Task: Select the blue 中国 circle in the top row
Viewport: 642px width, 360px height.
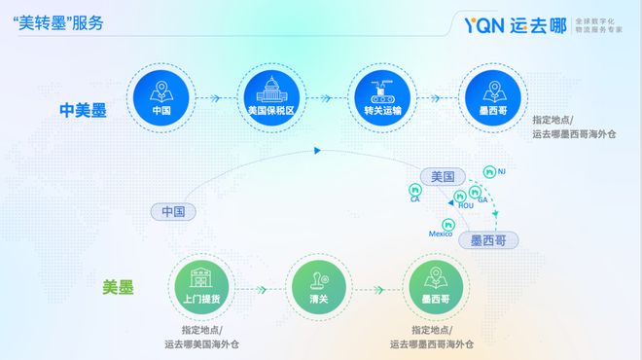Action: pyautogui.click(x=161, y=96)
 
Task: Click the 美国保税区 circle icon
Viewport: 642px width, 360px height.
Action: pyautogui.click(x=270, y=96)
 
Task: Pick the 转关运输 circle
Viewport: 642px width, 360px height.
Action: pyautogui.click(x=381, y=96)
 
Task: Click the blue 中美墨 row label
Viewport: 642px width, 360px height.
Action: pyautogui.click(x=81, y=110)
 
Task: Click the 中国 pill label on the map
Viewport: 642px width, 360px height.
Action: pyautogui.click(x=175, y=211)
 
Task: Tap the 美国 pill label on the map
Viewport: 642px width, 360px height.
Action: pyautogui.click(x=443, y=176)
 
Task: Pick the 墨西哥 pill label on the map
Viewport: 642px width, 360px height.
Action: pyautogui.click(x=488, y=239)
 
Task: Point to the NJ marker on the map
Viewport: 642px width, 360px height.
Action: pyautogui.click(x=501, y=172)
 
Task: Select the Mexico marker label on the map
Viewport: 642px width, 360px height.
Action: pyautogui.click(x=442, y=234)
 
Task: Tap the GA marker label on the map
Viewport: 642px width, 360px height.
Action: pyautogui.click(x=482, y=198)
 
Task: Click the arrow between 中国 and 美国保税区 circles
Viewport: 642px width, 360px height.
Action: pyautogui.click(x=216, y=96)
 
